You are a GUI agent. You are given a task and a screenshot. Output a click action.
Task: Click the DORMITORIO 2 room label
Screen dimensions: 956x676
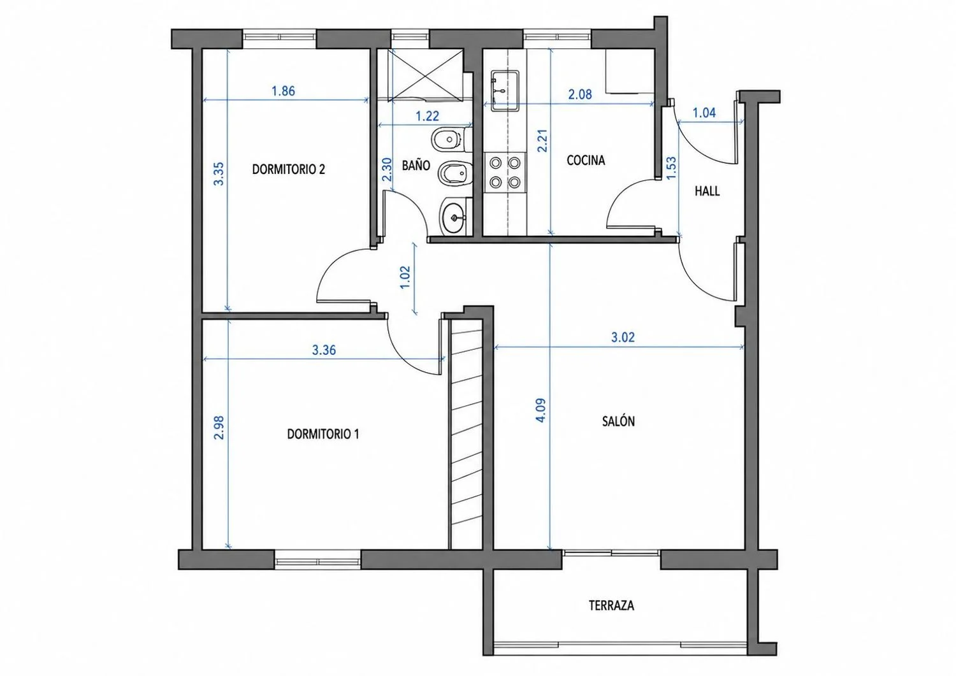tap(289, 169)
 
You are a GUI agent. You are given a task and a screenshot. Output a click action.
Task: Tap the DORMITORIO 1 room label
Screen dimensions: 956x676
tap(323, 435)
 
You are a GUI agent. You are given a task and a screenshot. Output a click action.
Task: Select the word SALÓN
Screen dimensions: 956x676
tap(618, 421)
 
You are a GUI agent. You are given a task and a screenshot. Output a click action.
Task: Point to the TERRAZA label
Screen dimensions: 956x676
tap(611, 605)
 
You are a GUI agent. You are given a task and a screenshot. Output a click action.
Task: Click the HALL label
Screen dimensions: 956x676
tap(707, 191)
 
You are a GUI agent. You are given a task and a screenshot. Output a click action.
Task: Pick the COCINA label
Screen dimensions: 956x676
tap(586, 160)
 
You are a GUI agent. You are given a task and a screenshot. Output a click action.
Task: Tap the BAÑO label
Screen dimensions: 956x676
tap(416, 165)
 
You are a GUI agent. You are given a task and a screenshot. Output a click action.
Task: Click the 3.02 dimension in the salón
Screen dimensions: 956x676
tap(623, 338)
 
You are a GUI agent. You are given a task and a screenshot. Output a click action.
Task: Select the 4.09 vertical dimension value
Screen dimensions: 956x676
tap(540, 410)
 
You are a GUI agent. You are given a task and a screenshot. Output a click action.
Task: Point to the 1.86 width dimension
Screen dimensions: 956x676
tap(284, 91)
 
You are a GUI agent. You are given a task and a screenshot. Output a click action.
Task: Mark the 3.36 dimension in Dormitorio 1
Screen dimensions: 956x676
tap(324, 350)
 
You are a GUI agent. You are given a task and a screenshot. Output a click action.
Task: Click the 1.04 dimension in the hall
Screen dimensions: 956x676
tap(704, 113)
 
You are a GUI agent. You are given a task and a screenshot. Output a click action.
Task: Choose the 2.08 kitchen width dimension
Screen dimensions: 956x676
tap(580, 94)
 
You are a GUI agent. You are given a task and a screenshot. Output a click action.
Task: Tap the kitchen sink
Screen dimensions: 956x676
tap(505, 90)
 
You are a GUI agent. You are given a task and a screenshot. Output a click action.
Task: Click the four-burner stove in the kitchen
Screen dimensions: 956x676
tap(505, 173)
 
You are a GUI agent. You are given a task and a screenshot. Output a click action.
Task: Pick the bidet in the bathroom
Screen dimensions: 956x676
tap(455, 173)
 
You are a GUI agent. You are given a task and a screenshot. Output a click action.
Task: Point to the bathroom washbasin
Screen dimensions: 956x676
tap(455, 217)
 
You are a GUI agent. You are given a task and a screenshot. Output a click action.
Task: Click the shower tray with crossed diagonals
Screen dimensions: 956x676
tap(426, 75)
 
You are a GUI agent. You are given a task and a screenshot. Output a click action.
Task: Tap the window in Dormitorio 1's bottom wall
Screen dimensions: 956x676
tap(317, 559)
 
